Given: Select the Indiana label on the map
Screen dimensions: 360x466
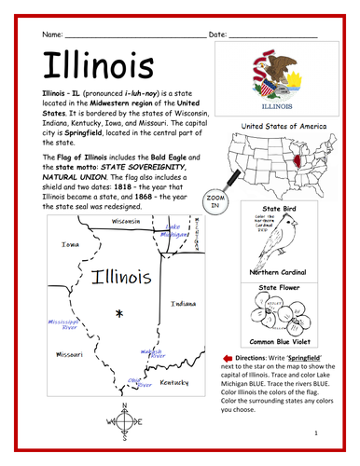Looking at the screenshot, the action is pyautogui.click(x=183, y=303).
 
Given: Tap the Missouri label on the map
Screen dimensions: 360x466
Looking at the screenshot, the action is pyautogui.click(x=68, y=355).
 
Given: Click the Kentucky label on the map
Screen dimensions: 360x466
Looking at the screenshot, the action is pyautogui.click(x=173, y=382).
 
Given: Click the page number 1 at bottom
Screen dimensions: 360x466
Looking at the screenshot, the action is pyautogui.click(x=316, y=433).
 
